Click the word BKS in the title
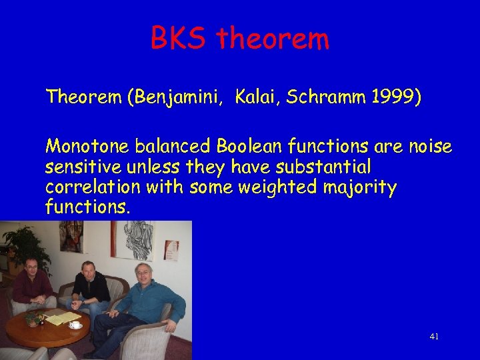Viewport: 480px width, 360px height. tap(180, 39)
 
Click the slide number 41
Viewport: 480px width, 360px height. tap(434, 337)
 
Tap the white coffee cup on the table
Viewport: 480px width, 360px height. tap(75, 325)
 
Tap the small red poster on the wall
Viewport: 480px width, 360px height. tap(172, 248)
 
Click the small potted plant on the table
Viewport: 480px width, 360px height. tap(33, 319)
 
